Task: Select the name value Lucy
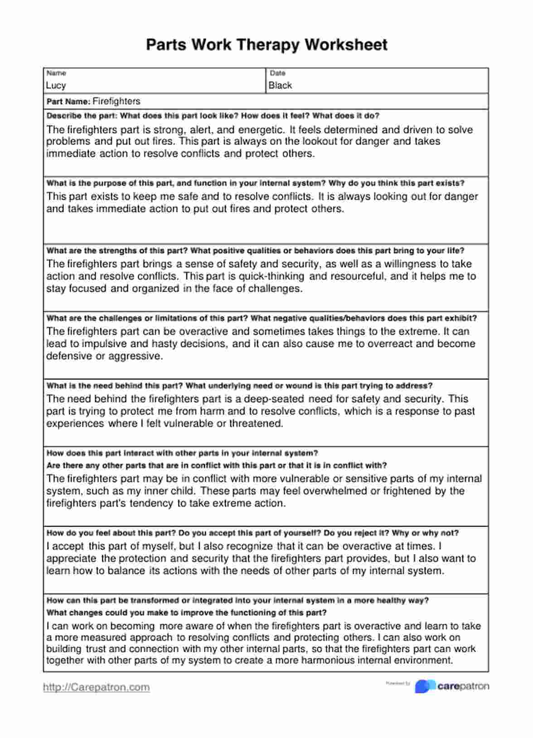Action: coord(56,86)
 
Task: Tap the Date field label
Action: coord(277,73)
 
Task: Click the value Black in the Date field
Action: coord(280,86)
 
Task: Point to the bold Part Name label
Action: coord(68,102)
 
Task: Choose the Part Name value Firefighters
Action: coord(116,101)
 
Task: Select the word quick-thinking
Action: coord(271,276)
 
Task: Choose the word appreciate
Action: coord(71,559)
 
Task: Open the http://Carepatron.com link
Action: coord(96,687)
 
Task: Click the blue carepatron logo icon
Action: coord(425,686)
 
